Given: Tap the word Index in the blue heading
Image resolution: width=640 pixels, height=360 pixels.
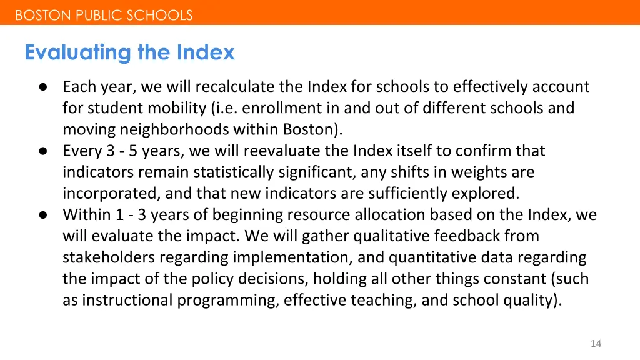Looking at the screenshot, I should click(206, 52).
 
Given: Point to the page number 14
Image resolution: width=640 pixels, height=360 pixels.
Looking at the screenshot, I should click(596, 344).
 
